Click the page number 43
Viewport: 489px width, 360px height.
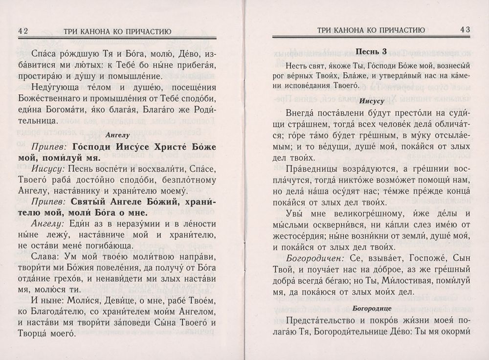464,29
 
